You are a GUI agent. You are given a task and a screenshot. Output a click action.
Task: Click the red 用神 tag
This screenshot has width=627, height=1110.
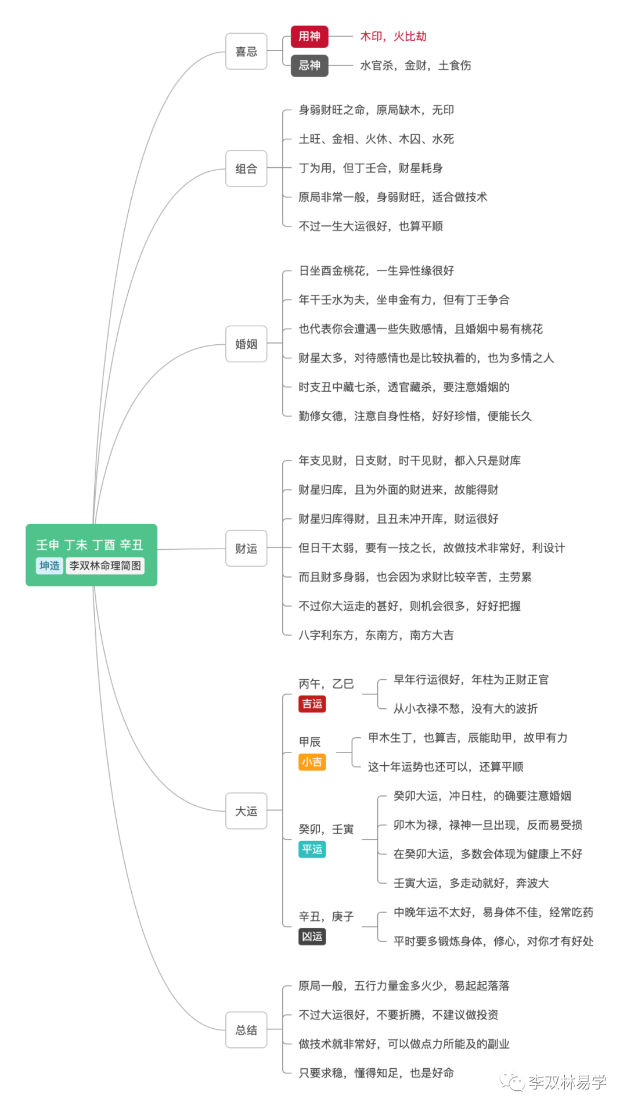(x=309, y=37)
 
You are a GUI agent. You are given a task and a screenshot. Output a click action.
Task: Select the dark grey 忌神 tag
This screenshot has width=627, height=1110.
(x=309, y=66)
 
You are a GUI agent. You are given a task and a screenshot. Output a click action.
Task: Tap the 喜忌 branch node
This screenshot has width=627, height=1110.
(x=246, y=52)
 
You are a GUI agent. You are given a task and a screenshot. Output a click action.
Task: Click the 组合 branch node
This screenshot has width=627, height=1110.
(x=246, y=169)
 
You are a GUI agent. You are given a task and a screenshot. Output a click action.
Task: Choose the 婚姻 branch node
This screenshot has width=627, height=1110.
(x=246, y=344)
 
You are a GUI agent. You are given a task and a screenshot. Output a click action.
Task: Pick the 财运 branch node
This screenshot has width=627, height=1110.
(x=246, y=549)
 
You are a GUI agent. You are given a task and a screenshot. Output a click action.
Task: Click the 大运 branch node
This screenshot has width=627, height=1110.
(x=246, y=811)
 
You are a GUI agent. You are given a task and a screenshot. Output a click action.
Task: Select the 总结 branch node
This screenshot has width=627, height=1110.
(x=246, y=1030)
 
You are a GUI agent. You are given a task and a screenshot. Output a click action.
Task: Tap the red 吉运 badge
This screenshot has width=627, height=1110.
(x=312, y=704)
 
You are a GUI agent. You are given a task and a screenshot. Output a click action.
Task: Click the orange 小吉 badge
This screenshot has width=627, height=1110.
(x=312, y=762)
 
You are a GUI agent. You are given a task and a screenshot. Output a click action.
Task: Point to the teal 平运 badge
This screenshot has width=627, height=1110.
(x=312, y=849)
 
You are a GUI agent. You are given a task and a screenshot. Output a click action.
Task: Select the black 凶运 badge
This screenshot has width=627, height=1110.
(x=312, y=936)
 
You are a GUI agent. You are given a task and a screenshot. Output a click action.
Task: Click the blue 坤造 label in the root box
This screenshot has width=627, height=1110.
(x=49, y=566)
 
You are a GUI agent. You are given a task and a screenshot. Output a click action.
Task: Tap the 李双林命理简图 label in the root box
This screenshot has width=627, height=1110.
(x=105, y=566)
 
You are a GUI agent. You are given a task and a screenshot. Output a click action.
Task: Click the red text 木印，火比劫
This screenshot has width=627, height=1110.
(x=393, y=37)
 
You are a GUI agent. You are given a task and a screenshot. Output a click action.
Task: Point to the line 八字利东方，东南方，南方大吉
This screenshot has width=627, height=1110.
(x=376, y=635)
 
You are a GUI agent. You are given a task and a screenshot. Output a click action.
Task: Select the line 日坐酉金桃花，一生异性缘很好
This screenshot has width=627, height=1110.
(x=376, y=271)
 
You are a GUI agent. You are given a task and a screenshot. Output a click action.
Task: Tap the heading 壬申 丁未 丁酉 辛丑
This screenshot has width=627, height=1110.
(x=89, y=545)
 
